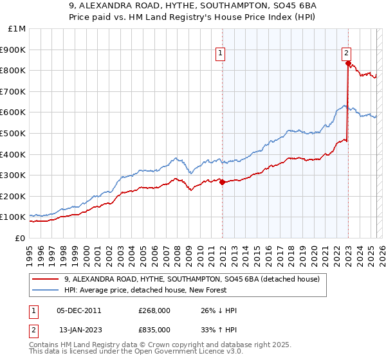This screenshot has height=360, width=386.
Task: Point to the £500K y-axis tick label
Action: pos(12,133)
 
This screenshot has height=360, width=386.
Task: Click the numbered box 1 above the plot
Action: pos(220,53)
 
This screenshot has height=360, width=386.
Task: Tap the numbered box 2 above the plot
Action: pos(346,53)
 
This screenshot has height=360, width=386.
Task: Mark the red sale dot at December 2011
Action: pos(222,182)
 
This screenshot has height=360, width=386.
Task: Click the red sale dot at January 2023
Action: pos(348,63)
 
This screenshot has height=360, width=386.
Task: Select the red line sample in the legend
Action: pos(46,280)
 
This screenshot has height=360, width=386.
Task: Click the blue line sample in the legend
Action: pos(46,291)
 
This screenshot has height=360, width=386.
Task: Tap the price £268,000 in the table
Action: pos(154,310)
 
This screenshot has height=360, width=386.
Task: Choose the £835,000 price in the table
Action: pos(154,330)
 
